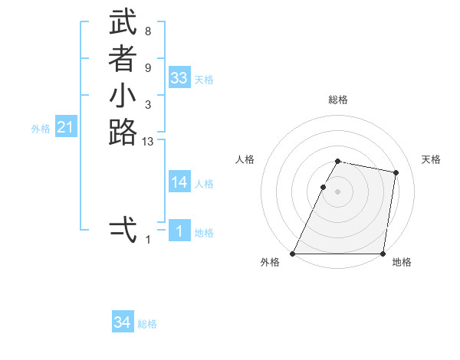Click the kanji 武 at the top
click(123, 23)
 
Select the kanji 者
click(123, 60)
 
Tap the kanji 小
click(123, 97)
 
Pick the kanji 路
click(123, 133)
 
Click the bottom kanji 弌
click(123, 230)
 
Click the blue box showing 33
click(179, 78)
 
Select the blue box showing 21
click(66, 128)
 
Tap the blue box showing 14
click(179, 182)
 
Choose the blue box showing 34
click(123, 322)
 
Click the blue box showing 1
click(179, 231)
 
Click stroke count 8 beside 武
click(147, 32)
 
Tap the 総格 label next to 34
click(147, 324)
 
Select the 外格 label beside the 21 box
click(41, 129)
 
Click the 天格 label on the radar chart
click(431, 159)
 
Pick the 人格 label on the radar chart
click(245, 159)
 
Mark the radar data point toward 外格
click(293, 254)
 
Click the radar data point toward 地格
click(383, 254)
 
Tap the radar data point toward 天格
click(396, 173)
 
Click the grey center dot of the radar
click(337, 191)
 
